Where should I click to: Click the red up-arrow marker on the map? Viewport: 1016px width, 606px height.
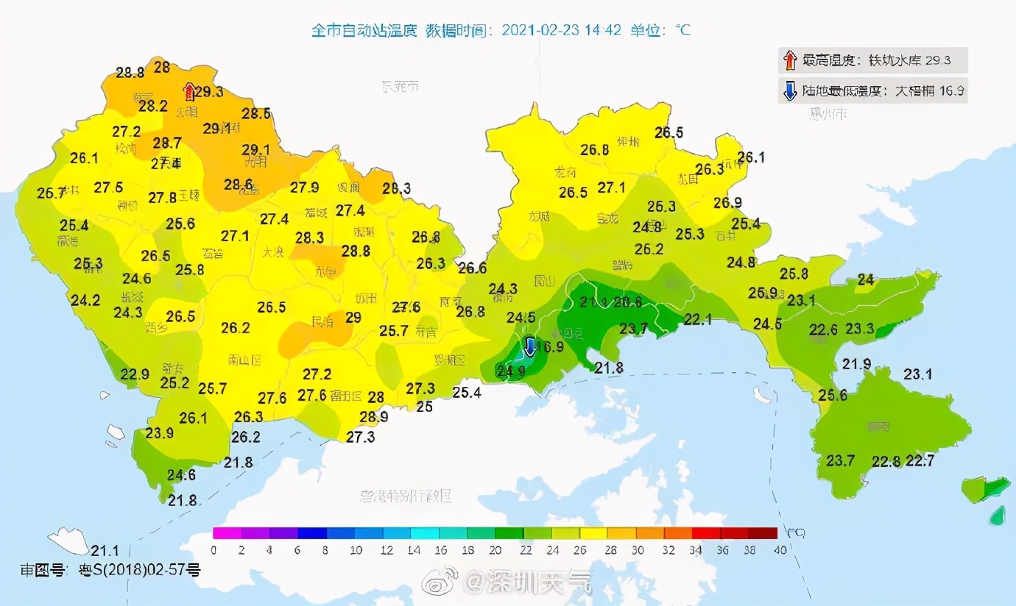(x=189, y=92)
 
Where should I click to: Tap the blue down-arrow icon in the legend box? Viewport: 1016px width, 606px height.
(x=790, y=92)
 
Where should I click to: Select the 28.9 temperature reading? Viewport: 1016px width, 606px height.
(x=374, y=417)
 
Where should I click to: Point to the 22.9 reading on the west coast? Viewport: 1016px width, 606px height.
(x=135, y=374)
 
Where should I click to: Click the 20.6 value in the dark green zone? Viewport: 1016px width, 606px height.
(x=628, y=302)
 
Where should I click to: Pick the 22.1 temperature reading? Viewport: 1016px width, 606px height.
(x=698, y=318)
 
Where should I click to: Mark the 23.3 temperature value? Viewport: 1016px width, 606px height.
(x=859, y=329)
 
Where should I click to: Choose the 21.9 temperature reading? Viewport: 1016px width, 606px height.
(x=856, y=364)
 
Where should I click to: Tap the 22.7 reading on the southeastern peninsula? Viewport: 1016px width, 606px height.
(x=920, y=461)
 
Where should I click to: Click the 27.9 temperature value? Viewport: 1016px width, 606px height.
(x=304, y=188)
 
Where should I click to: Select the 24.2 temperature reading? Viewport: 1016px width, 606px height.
(x=85, y=300)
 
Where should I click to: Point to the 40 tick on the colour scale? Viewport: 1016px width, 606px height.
(x=780, y=549)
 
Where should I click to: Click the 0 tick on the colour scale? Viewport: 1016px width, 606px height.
(x=214, y=549)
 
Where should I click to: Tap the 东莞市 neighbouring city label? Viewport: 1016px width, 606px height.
(x=401, y=86)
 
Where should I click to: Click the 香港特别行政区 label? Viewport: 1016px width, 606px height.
(x=405, y=496)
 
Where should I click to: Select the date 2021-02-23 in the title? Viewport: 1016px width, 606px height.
(x=545, y=30)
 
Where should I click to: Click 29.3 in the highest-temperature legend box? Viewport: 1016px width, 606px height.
(x=945, y=60)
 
